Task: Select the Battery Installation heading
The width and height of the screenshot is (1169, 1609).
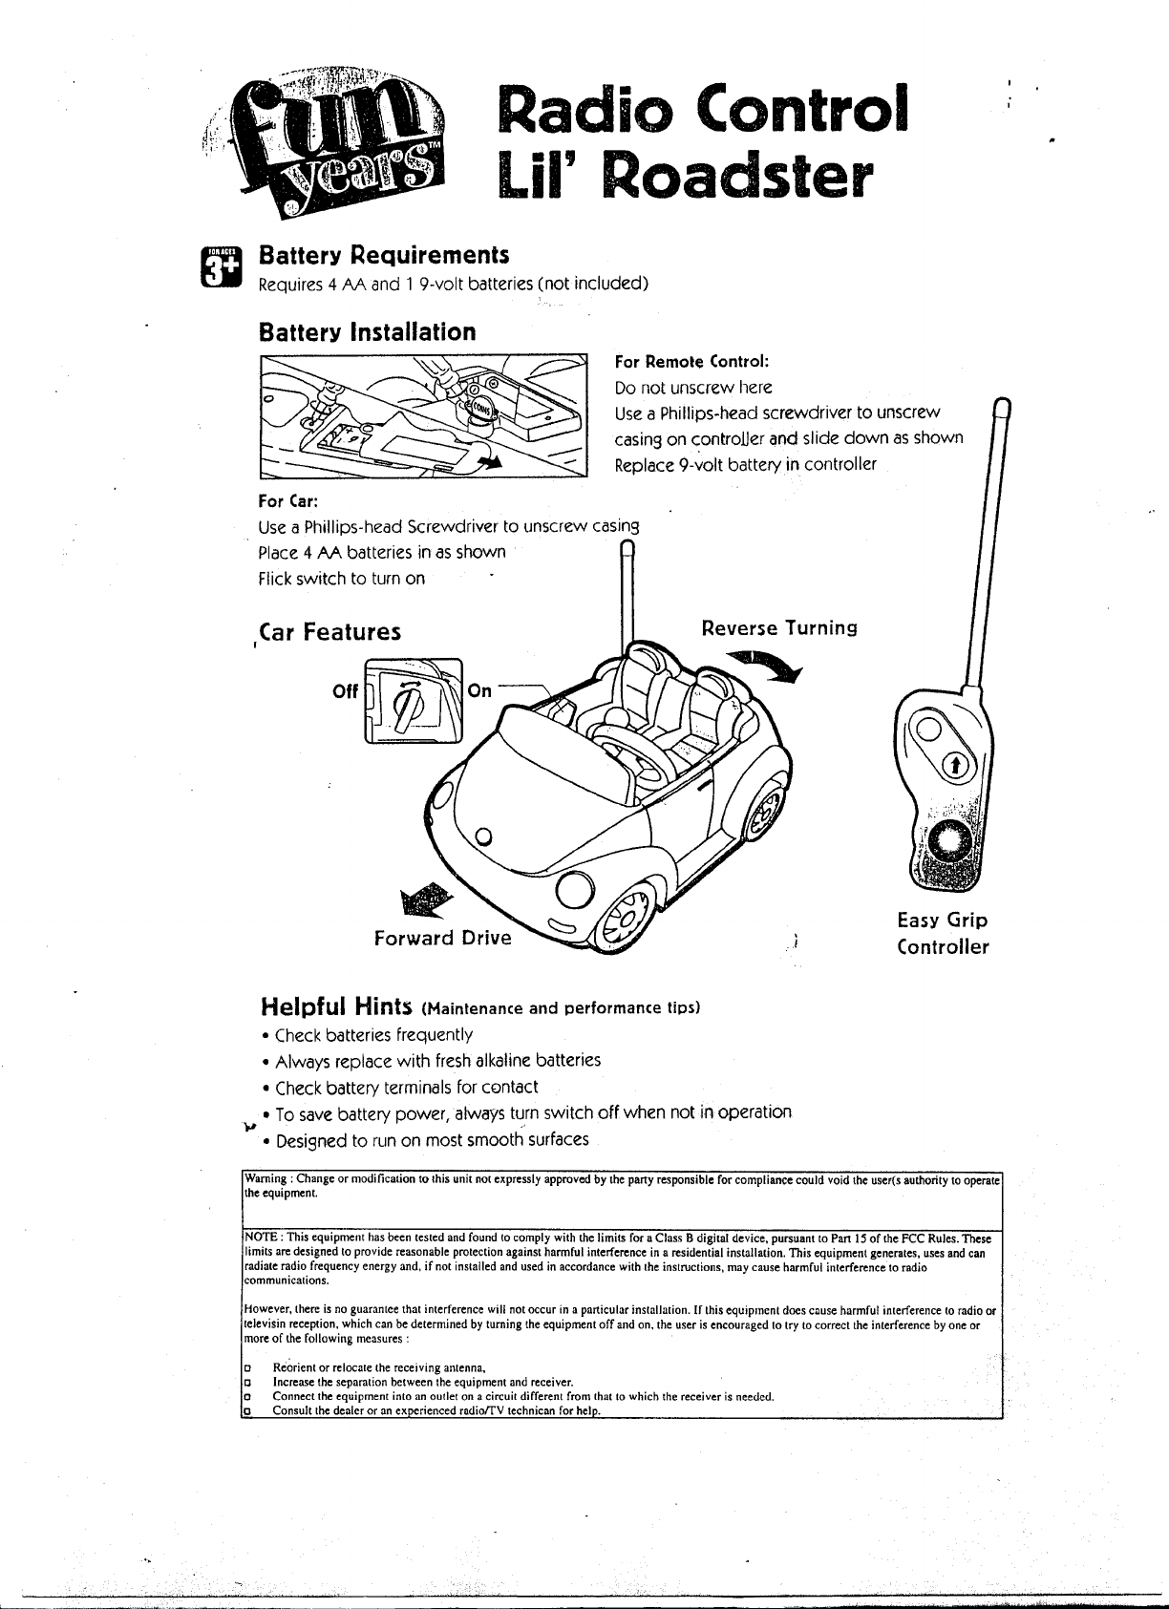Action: (x=367, y=332)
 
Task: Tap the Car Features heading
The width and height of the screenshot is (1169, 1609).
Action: (x=329, y=632)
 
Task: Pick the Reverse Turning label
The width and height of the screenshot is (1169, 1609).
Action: (x=778, y=628)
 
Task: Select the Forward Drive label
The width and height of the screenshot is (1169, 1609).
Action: (x=442, y=938)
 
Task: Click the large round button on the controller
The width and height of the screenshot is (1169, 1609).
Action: (x=948, y=841)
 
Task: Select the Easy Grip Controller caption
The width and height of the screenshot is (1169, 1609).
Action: (x=942, y=934)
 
